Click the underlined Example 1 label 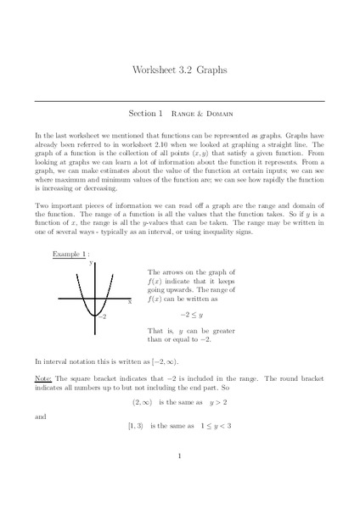tap(65, 253)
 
